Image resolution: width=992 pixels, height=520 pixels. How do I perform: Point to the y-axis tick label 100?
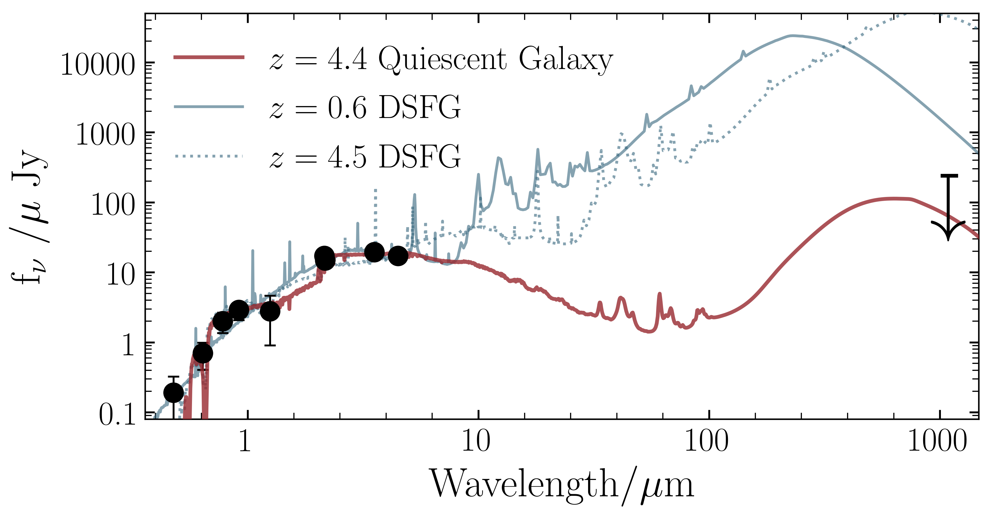point(113,205)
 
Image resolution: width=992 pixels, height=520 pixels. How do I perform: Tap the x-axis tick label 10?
point(476,441)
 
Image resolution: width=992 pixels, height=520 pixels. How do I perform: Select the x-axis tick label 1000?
point(937,441)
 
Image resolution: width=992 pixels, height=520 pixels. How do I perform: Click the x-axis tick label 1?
point(245,441)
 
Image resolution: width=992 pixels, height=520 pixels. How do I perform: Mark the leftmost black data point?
point(174,393)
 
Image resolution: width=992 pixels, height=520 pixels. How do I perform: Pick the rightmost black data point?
point(398,256)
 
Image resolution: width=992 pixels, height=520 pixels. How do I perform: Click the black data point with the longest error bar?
point(270,311)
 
